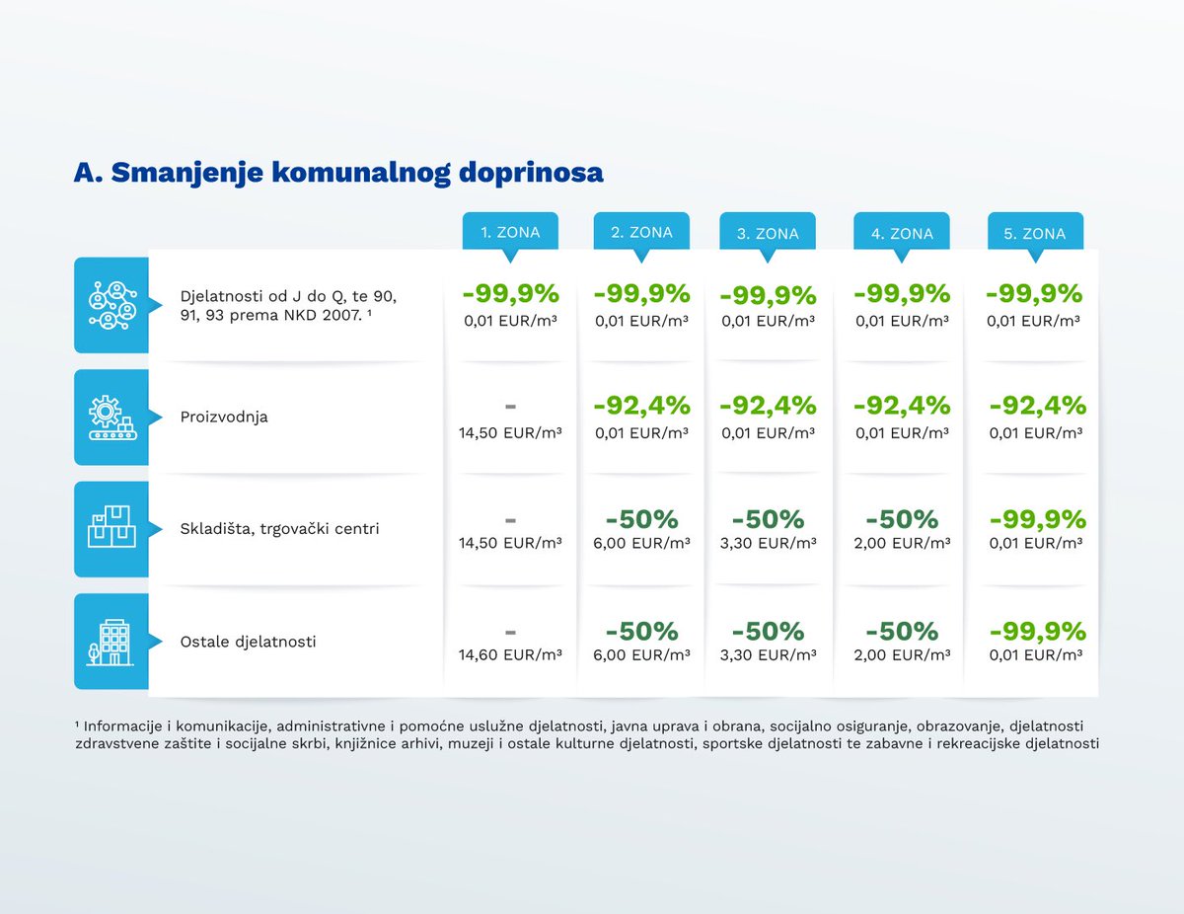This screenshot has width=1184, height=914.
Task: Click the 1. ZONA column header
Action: [510, 232]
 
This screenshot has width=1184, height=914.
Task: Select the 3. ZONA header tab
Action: [768, 233]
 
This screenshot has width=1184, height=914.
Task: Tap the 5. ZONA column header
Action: [1035, 233]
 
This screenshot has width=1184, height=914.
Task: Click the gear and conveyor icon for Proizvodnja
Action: [112, 418]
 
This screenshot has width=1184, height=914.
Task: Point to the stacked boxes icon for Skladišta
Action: [111, 526]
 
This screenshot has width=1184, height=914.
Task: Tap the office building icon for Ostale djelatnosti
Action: [110, 642]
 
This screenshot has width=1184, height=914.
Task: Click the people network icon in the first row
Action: [112, 305]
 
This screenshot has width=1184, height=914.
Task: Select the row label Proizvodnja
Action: [224, 417]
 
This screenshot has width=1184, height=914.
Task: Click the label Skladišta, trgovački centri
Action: [279, 529]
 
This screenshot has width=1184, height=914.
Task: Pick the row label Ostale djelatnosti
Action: [248, 642]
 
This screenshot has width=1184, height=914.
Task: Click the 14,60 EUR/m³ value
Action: [510, 654]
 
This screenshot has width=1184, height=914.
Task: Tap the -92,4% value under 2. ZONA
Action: [642, 406]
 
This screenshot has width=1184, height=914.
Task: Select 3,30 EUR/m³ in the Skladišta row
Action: [768, 543]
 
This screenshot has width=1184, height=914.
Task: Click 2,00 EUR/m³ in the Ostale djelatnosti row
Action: [902, 654]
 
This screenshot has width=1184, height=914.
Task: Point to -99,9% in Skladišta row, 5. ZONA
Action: [1037, 519]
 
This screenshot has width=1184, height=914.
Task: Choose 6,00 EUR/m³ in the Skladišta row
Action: [641, 543]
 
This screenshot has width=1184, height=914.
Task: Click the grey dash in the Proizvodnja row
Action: [510, 407]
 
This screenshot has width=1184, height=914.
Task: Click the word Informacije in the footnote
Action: [122, 725]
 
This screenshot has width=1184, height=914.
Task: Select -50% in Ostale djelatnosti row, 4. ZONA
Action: [902, 632]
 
